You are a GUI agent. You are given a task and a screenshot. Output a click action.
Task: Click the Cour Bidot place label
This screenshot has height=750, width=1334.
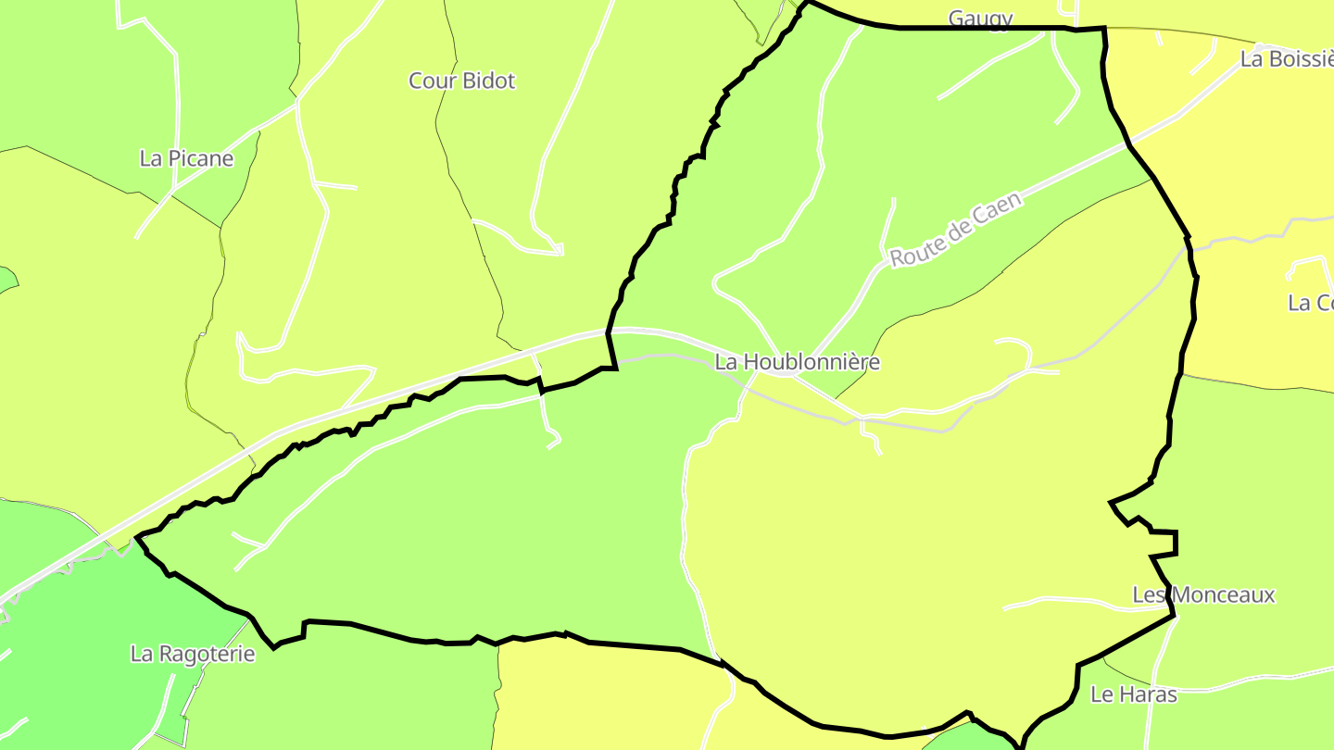pyautogui.click(x=461, y=81)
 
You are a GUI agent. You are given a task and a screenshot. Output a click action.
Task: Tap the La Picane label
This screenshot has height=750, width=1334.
pyautogui.click(x=186, y=158)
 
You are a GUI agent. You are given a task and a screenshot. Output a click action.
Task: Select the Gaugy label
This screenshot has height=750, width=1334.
pyautogui.click(x=980, y=19)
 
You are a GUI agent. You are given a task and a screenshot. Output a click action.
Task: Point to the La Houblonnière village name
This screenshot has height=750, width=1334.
pyautogui.click(x=798, y=362)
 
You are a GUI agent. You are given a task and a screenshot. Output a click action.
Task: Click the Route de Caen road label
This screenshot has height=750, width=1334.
pyautogui.click(x=955, y=230)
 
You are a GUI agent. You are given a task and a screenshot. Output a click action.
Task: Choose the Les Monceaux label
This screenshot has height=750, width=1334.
pyautogui.click(x=1203, y=594)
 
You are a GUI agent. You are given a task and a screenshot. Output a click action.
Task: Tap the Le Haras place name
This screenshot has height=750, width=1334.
pyautogui.click(x=1133, y=694)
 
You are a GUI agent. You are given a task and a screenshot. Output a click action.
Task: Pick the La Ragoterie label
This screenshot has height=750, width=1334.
pyautogui.click(x=193, y=654)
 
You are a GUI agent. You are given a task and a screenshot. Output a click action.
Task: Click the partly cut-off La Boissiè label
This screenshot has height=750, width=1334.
pyautogui.click(x=1286, y=59)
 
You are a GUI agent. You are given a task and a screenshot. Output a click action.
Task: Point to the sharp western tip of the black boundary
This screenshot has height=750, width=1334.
pyautogui.click(x=137, y=537)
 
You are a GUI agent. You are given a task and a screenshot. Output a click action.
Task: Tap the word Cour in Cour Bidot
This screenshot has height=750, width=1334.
pyautogui.click(x=429, y=81)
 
